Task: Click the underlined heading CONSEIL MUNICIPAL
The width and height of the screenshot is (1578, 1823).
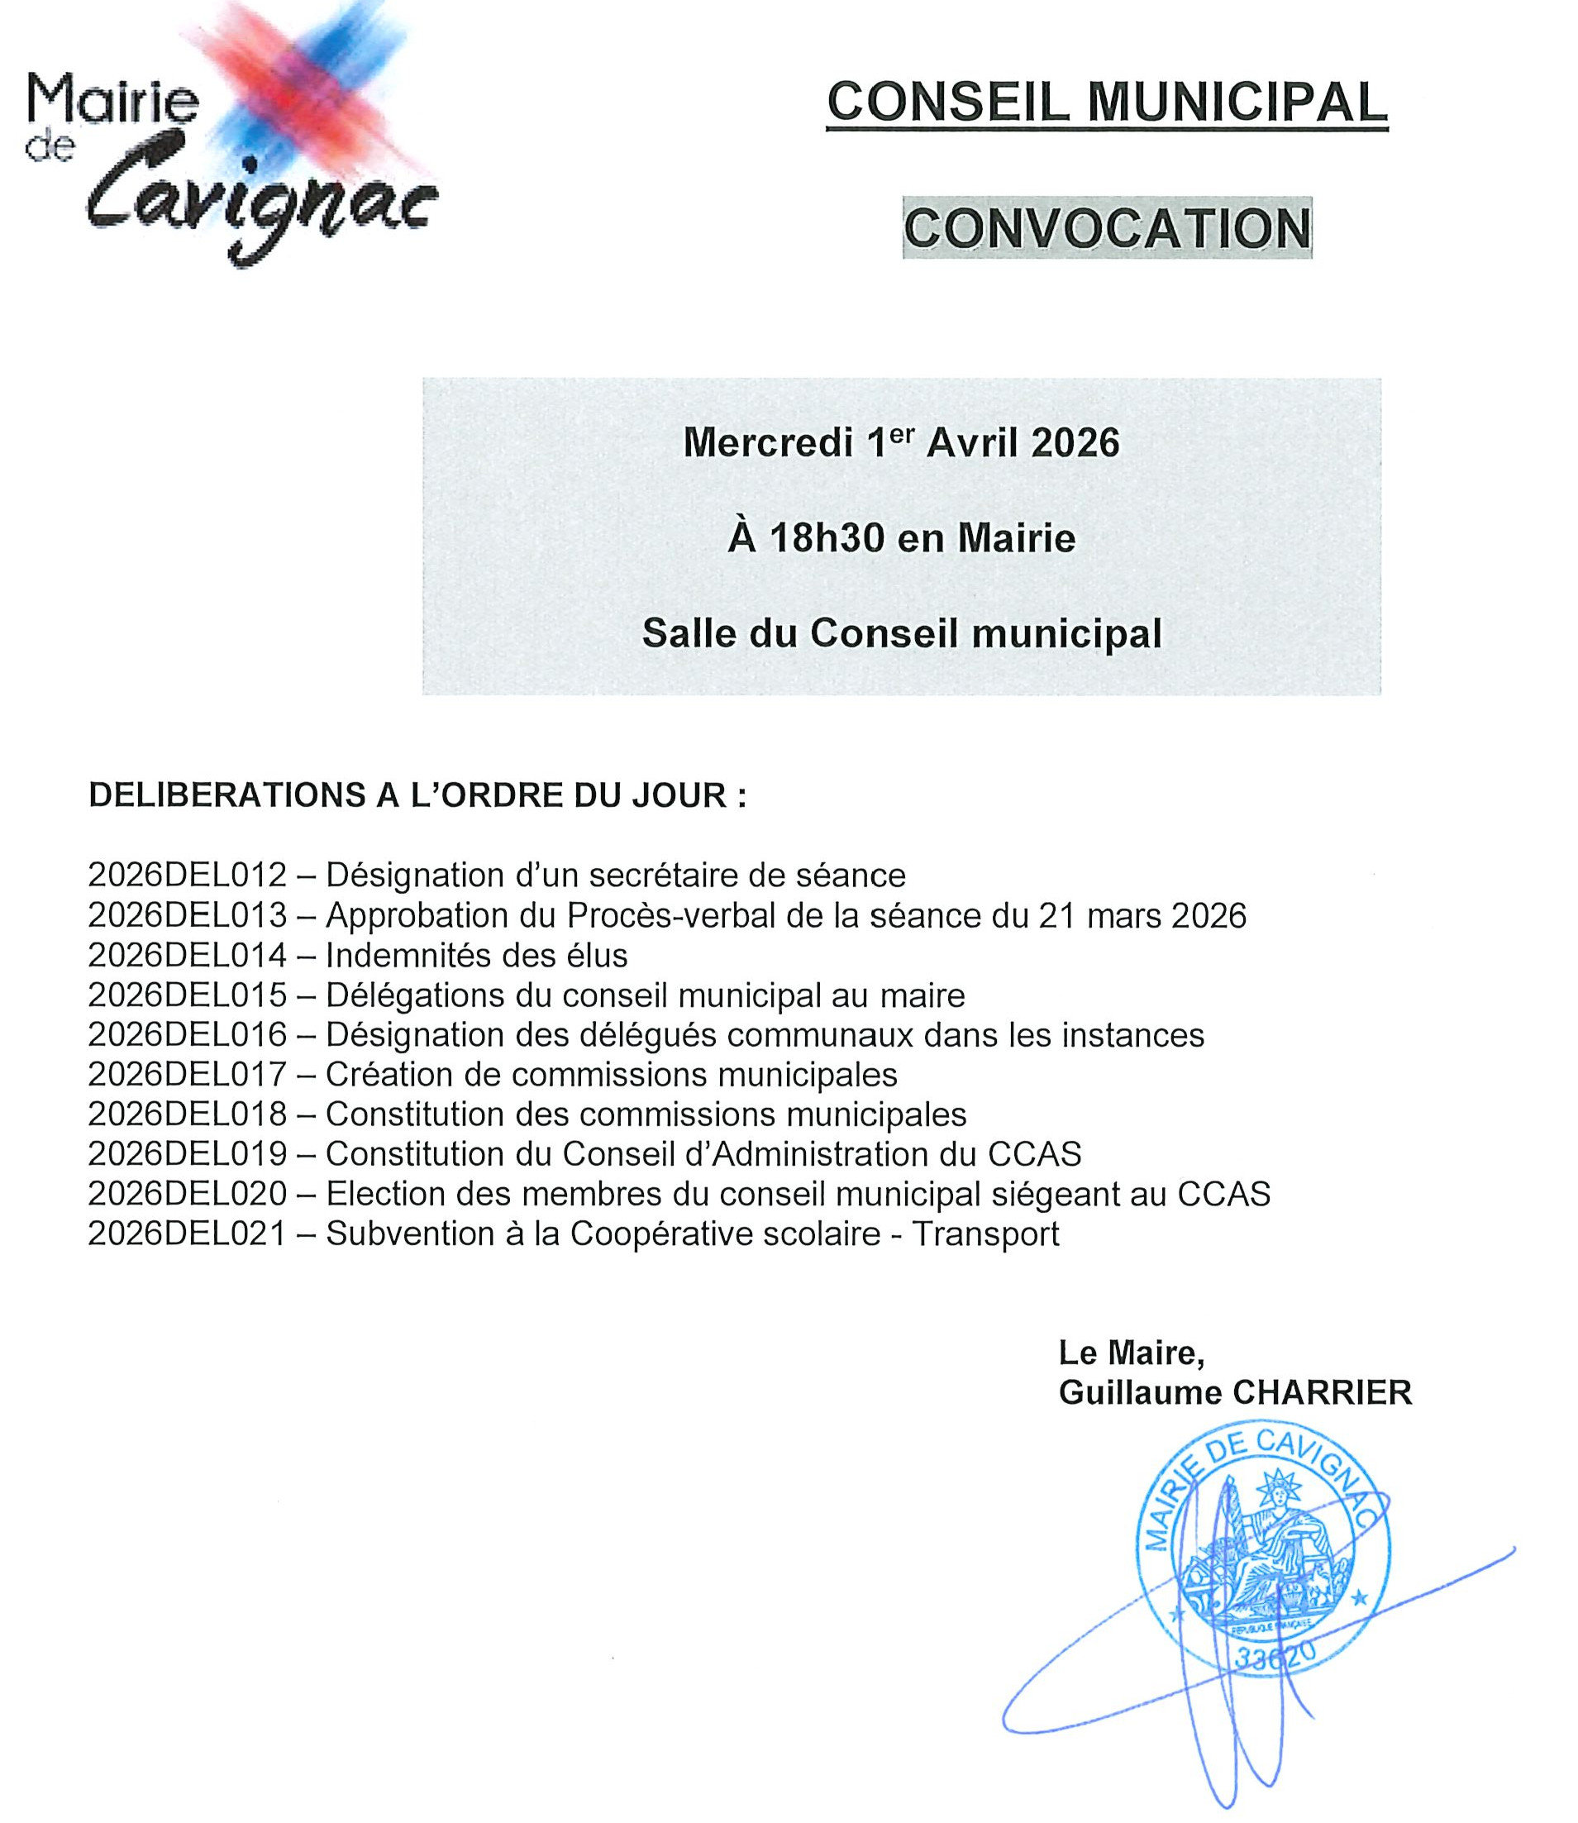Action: click(1107, 103)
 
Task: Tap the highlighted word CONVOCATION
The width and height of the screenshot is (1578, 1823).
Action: click(1107, 228)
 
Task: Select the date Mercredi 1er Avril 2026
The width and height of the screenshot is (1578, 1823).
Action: click(901, 442)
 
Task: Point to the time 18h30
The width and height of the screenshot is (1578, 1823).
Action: click(827, 538)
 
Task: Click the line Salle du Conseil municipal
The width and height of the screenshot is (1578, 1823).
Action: click(901, 633)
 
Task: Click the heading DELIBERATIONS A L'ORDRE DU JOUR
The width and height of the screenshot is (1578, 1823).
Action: click(417, 795)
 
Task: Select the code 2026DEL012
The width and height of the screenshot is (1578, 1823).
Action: click(188, 876)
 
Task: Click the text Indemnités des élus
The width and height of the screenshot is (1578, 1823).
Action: click(476, 956)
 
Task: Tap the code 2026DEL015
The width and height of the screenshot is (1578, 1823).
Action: click(188, 995)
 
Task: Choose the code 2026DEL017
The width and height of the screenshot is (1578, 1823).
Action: click(188, 1075)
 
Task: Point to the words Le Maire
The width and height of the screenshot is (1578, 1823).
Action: click(1131, 1353)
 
